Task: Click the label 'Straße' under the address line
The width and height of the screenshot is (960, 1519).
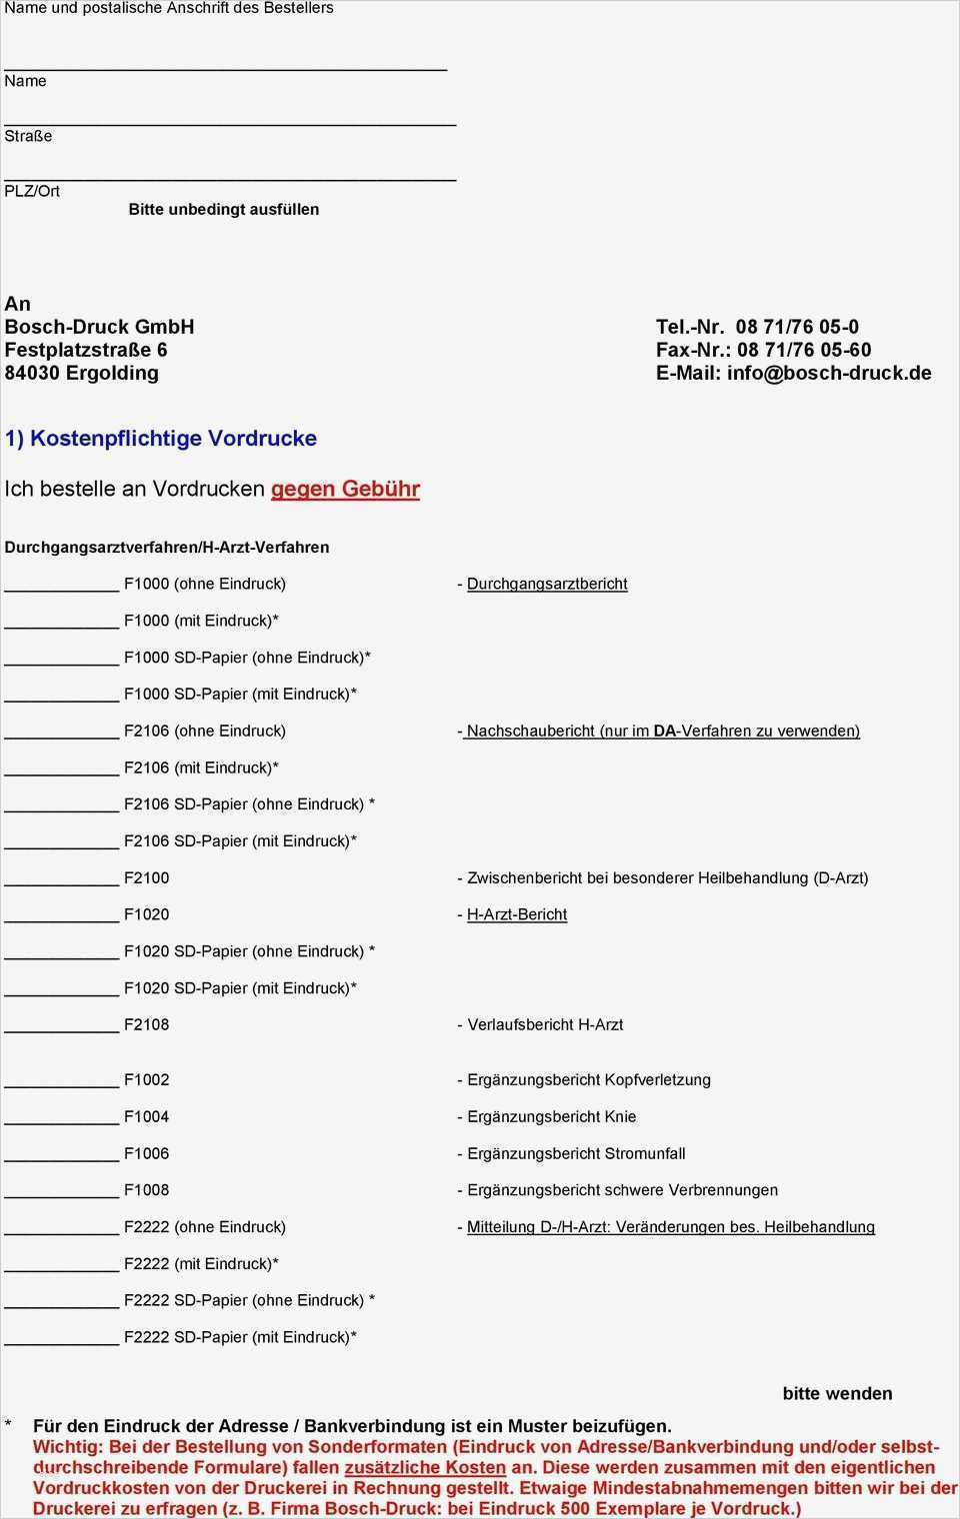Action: click(x=28, y=136)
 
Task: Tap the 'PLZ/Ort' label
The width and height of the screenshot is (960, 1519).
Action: click(x=32, y=191)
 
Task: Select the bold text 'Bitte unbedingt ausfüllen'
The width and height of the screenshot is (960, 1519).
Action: click(x=224, y=210)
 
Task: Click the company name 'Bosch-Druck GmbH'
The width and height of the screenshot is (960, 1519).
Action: click(x=99, y=327)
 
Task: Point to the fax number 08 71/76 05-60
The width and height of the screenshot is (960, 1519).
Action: click(x=803, y=350)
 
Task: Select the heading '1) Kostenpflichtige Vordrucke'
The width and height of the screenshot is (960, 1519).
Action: click(x=160, y=439)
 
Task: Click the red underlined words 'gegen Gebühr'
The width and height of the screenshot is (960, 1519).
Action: click(x=345, y=490)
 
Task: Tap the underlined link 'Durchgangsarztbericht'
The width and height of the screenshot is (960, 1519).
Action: click(x=547, y=584)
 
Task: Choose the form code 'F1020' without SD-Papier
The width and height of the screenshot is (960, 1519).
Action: click(x=146, y=914)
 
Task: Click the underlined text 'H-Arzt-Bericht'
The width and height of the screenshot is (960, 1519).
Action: click(x=516, y=914)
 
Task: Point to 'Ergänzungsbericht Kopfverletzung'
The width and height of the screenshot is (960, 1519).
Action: click(x=588, y=1080)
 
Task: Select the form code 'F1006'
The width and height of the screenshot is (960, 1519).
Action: click(x=146, y=1154)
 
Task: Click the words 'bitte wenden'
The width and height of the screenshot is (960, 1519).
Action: click(x=837, y=1394)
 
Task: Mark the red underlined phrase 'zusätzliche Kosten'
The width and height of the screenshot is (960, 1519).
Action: click(x=425, y=1468)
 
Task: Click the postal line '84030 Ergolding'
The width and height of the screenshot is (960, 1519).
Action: click(x=81, y=373)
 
